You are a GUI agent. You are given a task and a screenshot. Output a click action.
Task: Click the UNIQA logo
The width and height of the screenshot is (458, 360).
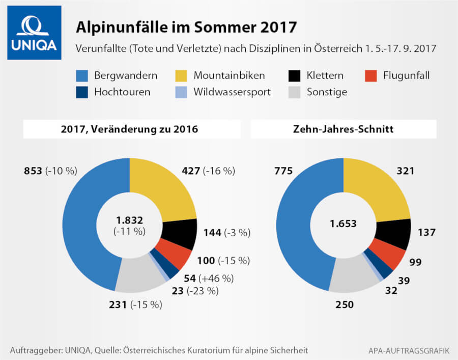[34, 33]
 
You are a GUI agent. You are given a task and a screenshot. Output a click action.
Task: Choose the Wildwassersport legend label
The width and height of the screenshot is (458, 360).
[232, 92]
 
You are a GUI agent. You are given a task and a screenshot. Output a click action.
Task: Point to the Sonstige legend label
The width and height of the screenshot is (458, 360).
[327, 92]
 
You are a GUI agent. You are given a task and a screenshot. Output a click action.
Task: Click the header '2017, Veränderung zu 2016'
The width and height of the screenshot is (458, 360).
[132, 130]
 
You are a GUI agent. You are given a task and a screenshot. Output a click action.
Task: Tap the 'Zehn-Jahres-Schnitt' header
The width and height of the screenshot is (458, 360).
[343, 130]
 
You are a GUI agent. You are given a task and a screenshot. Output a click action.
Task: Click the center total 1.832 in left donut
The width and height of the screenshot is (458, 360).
[129, 220]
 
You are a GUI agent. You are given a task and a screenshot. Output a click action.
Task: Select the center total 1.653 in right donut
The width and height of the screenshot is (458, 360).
[343, 224]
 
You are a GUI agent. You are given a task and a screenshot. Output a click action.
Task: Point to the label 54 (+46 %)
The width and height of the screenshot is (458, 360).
[208, 278]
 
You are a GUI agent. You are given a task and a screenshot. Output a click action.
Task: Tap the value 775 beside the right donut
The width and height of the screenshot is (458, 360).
[283, 171]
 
